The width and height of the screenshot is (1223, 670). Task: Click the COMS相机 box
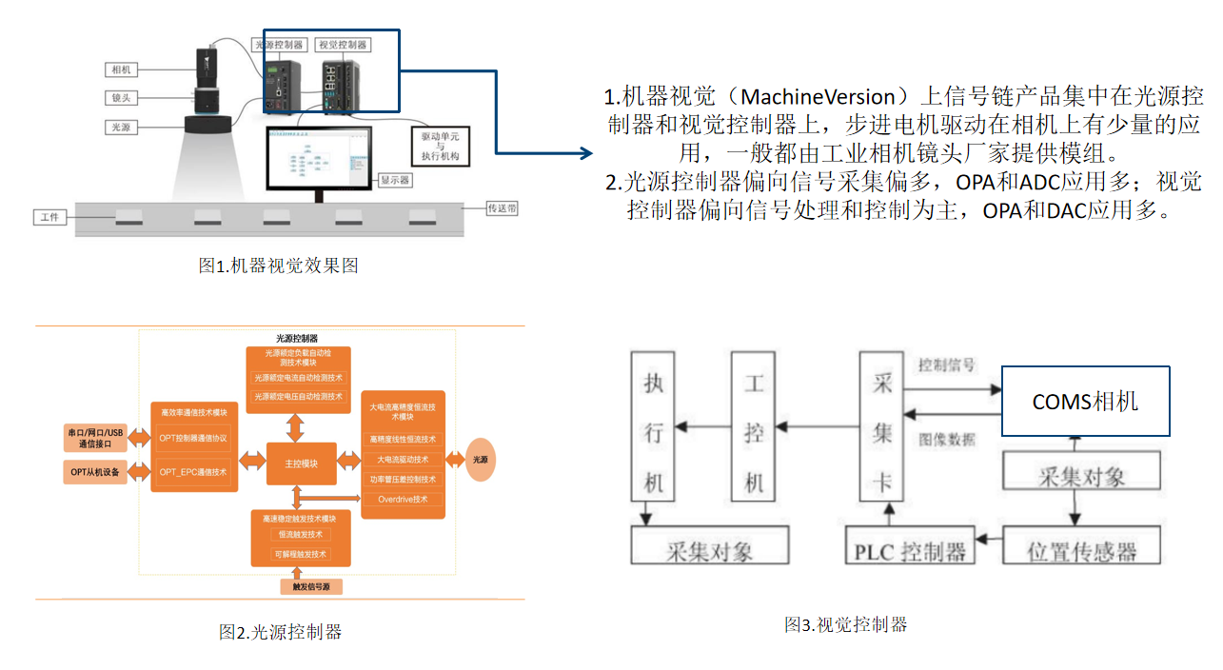[x=1085, y=401]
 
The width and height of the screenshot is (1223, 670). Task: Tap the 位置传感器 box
[x=1082, y=550]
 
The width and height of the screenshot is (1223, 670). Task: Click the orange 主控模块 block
[x=301, y=463]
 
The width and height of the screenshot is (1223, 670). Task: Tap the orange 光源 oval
[x=480, y=460]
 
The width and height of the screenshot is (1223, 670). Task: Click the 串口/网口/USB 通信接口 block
[x=96, y=437]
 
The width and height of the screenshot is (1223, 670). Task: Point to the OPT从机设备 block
[x=96, y=471]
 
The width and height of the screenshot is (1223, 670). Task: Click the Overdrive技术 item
[x=403, y=499]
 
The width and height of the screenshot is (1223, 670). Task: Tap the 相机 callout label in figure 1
[x=121, y=69]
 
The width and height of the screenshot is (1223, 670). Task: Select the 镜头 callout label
[x=121, y=98]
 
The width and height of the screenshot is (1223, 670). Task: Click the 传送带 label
[x=502, y=207]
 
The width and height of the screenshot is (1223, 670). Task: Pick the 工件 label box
[x=49, y=218]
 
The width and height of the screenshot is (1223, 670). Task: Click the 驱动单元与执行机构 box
[x=441, y=146]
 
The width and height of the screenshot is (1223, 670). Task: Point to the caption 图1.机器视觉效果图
[x=278, y=266]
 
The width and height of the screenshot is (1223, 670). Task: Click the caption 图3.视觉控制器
[x=845, y=624]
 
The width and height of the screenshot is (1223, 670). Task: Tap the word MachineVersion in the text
[x=818, y=96]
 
